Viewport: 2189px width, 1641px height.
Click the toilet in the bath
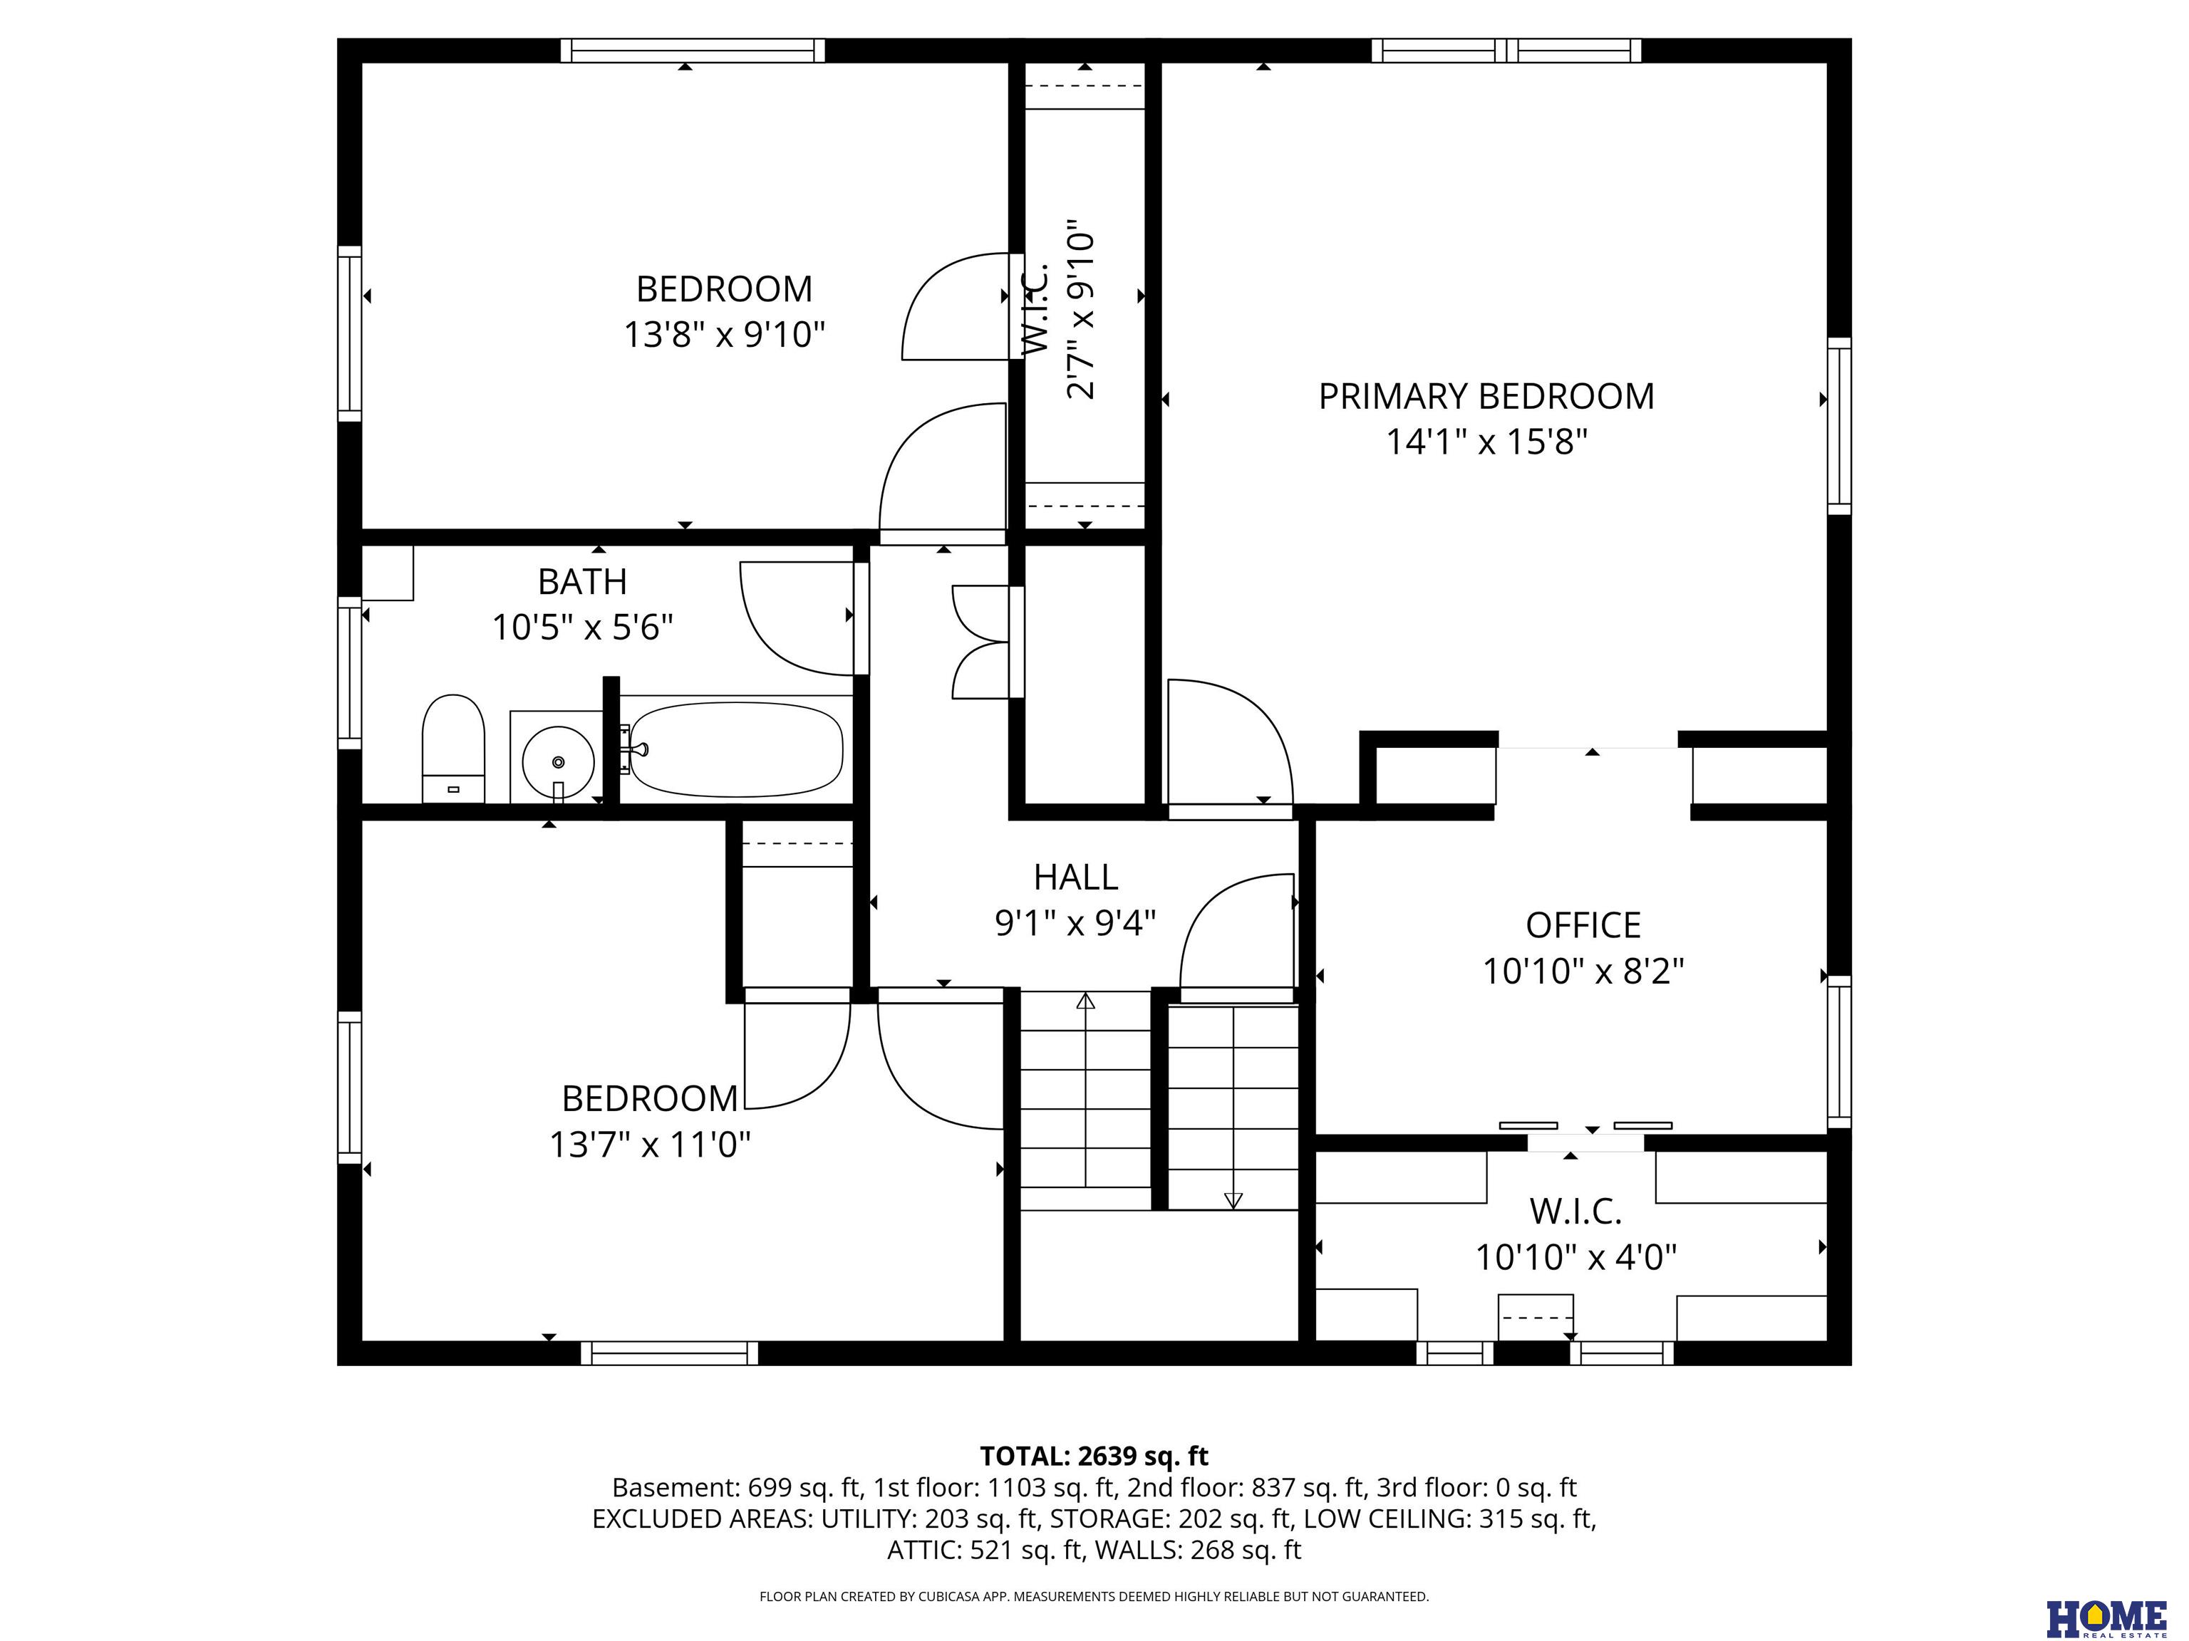click(453, 749)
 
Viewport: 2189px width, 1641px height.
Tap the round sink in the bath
click(558, 761)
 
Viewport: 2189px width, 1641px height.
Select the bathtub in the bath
click(736, 749)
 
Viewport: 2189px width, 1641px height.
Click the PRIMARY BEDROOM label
click(1486, 397)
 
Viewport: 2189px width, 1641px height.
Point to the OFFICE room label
click(1583, 926)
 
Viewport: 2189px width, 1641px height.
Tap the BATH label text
click(582, 582)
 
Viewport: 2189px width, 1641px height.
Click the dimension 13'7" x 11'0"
click(650, 1145)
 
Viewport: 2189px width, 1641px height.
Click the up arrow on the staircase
click(1086, 1089)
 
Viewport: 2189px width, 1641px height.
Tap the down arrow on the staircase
click(1233, 1108)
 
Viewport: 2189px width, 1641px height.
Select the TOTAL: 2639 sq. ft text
click(1094, 1456)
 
